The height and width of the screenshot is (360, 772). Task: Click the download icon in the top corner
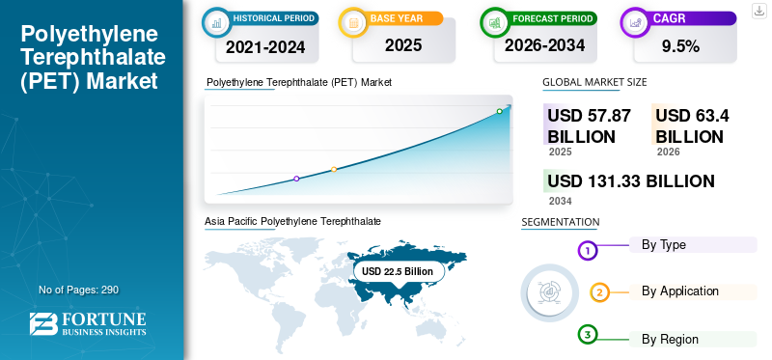coord(759,11)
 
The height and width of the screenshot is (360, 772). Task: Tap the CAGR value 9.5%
coord(681,46)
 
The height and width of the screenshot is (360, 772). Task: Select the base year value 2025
coord(403,45)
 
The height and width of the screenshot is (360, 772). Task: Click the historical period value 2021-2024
coord(265,46)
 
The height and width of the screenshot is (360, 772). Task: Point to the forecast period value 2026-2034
coord(544,45)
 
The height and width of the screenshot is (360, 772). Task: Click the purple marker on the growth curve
coord(296,179)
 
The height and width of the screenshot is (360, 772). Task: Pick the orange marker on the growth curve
coord(334,170)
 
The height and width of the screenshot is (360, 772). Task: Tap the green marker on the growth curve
coord(499,111)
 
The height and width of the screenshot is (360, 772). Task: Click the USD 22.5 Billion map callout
coord(398,271)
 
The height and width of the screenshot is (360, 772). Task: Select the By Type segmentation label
coord(663,245)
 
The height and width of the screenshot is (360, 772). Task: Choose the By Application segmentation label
coord(680,291)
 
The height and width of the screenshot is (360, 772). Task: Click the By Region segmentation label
coord(670,340)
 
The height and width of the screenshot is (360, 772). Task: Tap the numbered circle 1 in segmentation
coord(587,251)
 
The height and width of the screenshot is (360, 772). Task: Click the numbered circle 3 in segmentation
coord(587,336)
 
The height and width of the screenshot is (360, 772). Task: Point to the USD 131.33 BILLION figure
coord(631,181)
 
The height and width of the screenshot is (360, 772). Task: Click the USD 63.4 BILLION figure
coord(692,126)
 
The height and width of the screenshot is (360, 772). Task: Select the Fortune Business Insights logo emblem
coord(43,324)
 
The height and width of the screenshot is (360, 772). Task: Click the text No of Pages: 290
coord(79,290)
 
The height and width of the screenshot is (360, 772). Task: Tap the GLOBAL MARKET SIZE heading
coord(594,82)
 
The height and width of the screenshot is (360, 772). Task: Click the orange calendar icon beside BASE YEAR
coord(353,22)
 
